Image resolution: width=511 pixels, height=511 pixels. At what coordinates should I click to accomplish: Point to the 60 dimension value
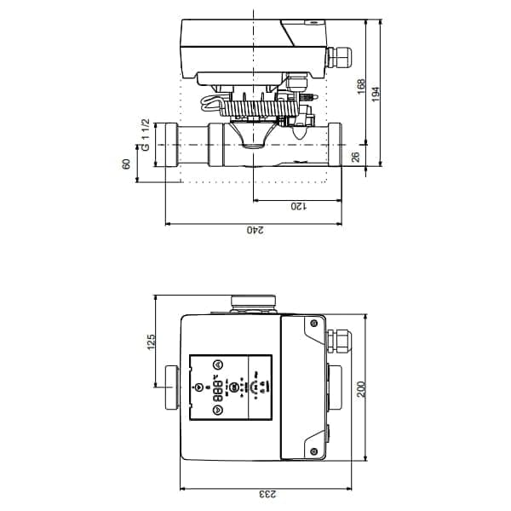[127, 164]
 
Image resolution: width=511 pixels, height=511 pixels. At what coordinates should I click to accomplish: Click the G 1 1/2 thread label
[146, 136]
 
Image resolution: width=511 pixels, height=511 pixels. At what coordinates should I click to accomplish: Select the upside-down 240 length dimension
[255, 230]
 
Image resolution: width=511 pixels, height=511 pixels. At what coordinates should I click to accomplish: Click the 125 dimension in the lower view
[152, 342]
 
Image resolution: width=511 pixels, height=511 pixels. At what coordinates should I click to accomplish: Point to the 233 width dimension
[266, 495]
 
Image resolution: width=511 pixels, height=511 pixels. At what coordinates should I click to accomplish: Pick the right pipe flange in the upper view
[335, 145]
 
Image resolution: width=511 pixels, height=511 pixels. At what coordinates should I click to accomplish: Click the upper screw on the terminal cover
[313, 324]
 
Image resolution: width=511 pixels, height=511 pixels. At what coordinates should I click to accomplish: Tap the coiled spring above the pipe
[255, 109]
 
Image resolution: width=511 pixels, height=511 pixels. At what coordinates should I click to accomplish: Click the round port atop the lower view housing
[253, 301]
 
